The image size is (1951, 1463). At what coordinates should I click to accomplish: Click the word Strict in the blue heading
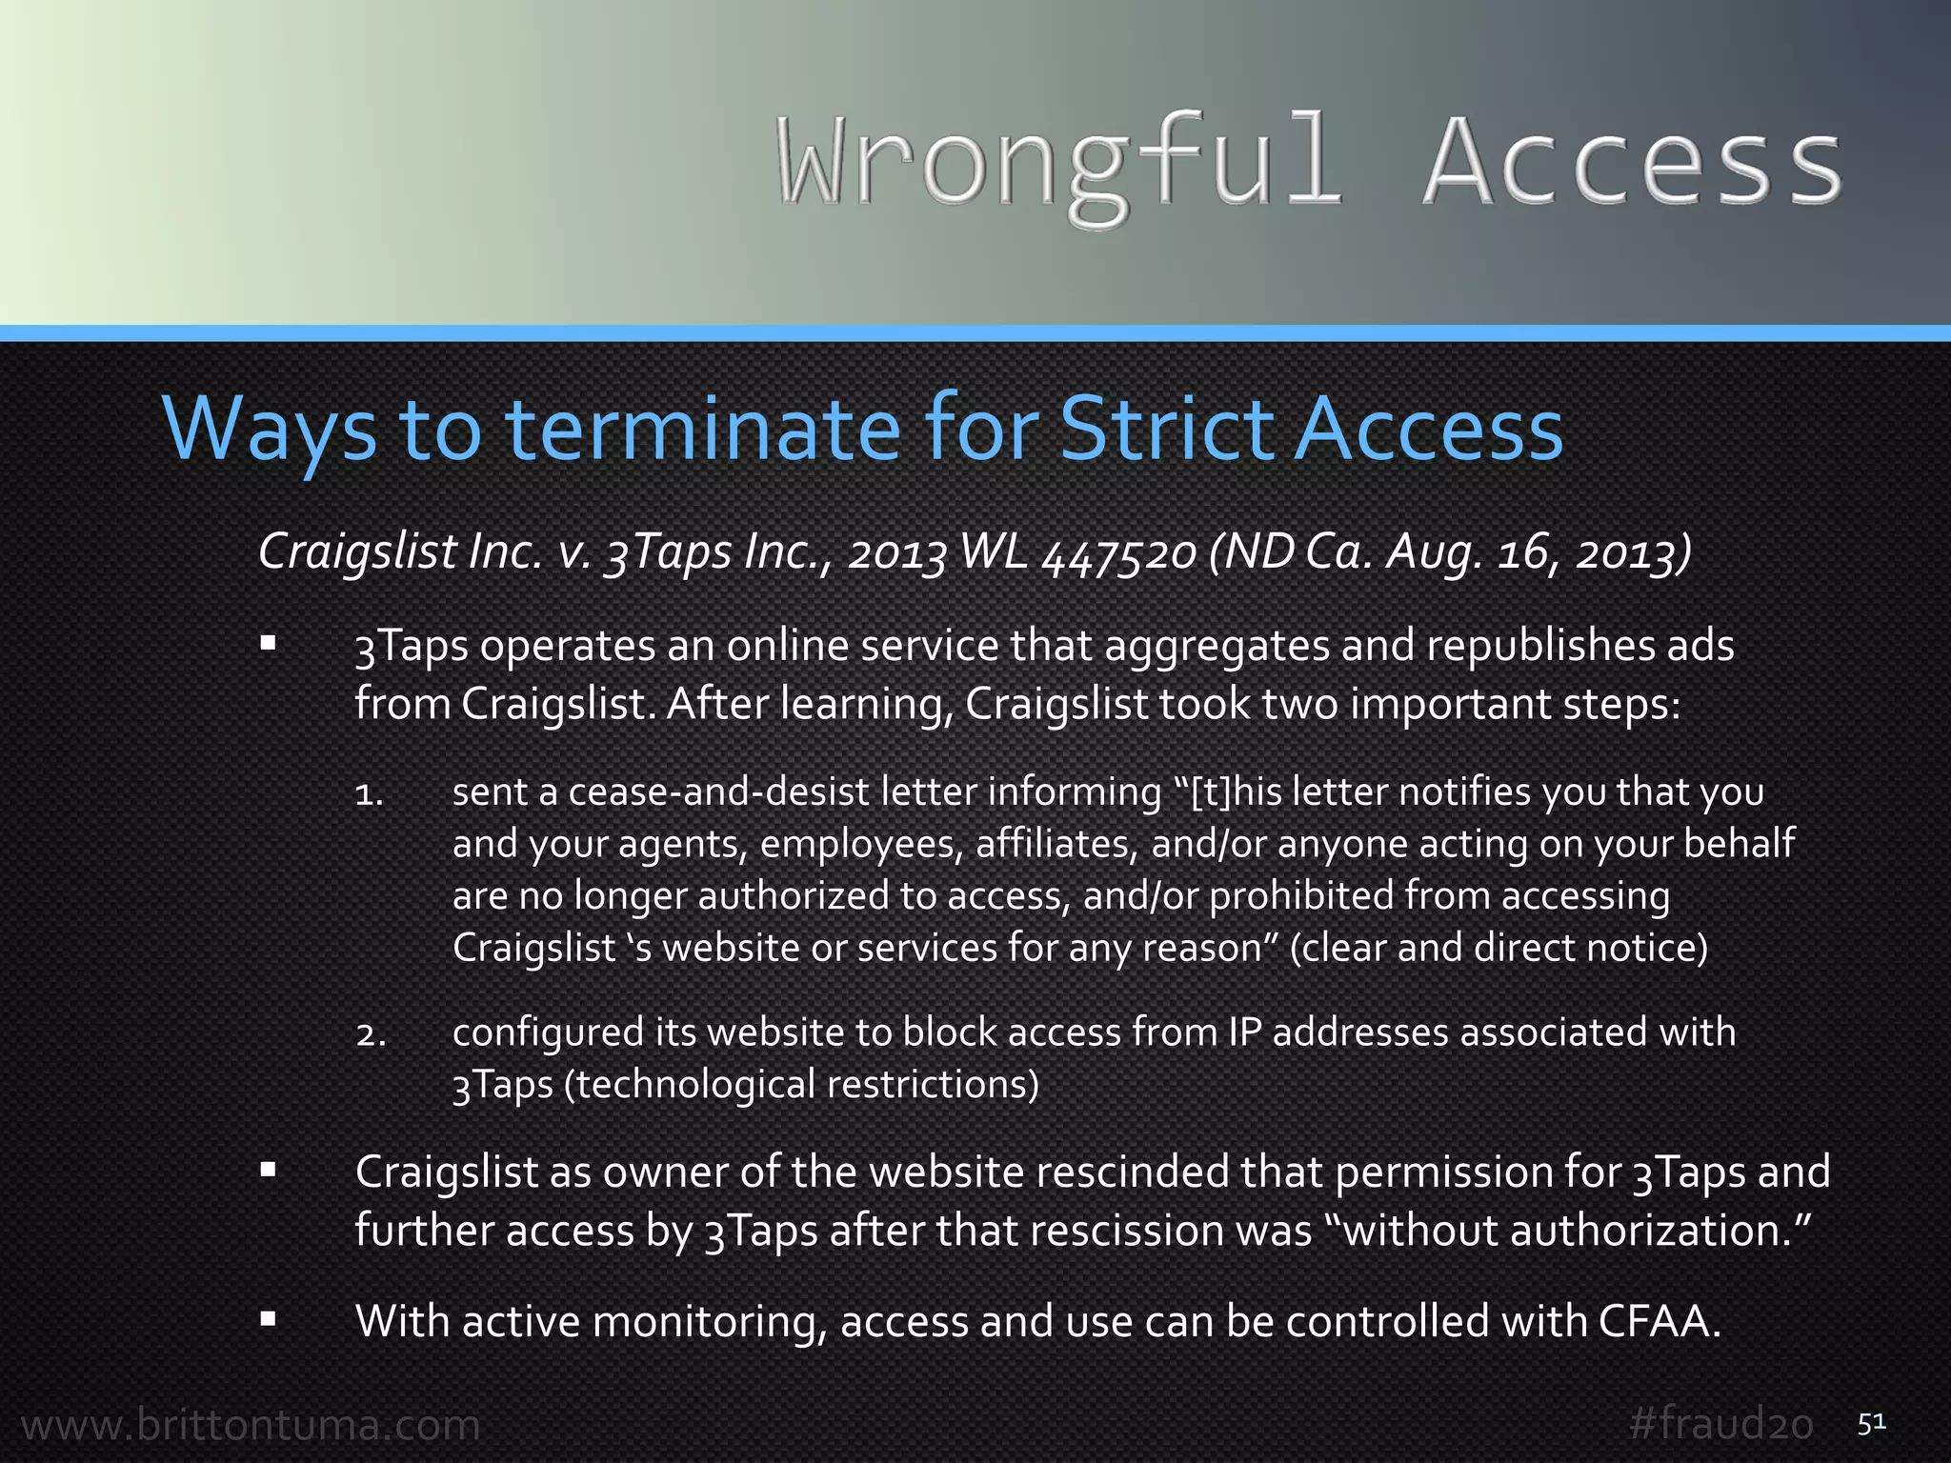(1168, 430)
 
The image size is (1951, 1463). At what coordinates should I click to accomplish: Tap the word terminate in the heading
(702, 430)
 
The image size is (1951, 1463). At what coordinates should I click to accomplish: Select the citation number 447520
(1119, 552)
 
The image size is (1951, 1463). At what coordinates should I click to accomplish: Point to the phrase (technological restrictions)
(801, 1085)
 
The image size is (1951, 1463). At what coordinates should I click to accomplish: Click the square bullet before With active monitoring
(268, 1319)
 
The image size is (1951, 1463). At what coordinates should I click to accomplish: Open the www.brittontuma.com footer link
(251, 1426)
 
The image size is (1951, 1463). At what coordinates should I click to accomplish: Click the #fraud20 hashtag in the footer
(1720, 1425)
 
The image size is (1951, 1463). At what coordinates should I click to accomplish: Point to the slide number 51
(1871, 1423)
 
